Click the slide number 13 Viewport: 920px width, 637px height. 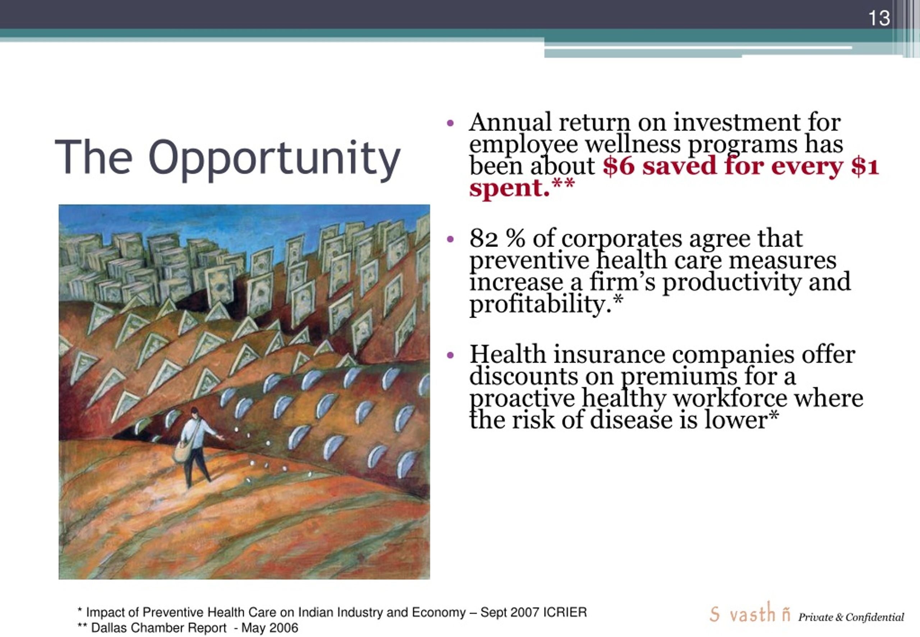879,18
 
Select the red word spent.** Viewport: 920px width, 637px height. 522,188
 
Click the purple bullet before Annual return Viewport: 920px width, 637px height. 450,123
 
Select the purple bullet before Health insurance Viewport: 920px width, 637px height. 450,355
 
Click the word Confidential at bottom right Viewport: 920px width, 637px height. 874,618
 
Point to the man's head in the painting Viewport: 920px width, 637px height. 194,412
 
